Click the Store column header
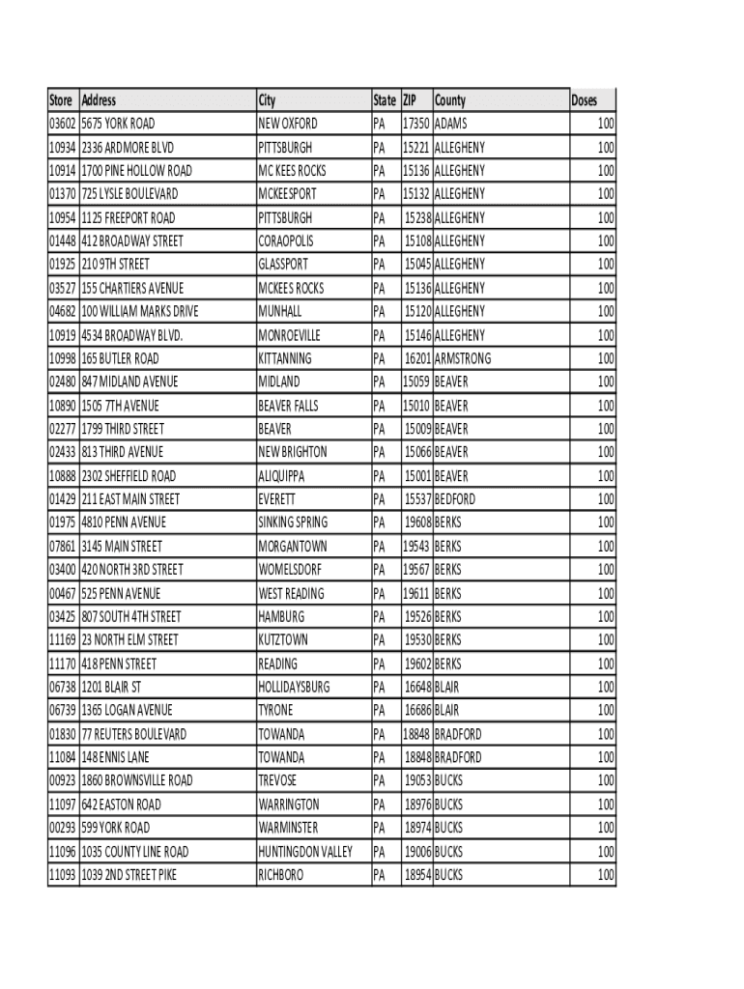[61, 100]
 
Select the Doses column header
[584, 100]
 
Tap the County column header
[450, 100]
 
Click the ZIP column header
[411, 100]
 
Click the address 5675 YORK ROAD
[118, 124]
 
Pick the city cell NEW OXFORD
[287, 124]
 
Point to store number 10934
[63, 148]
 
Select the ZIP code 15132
[416, 194]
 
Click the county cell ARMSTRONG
[463, 358]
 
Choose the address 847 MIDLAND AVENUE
[129, 381]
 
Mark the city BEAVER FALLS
[288, 406]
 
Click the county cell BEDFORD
[455, 499]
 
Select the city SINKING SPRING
[293, 523]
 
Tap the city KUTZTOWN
[283, 640]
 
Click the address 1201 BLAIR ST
[111, 687]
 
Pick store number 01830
[63, 734]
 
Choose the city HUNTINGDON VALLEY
[304, 852]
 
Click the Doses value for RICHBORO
[605, 875]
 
